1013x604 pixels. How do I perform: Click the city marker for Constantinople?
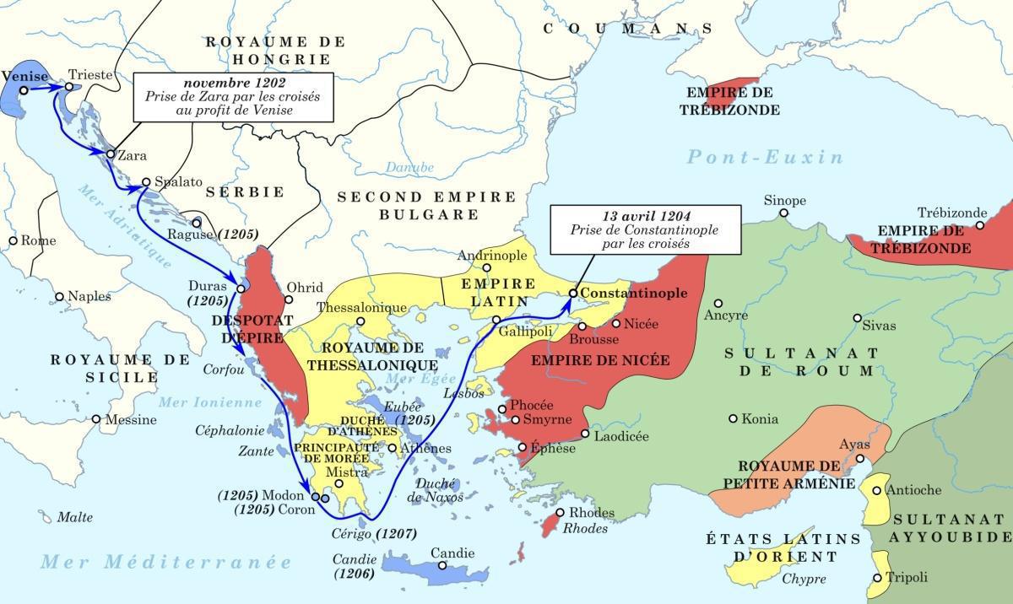[573, 293]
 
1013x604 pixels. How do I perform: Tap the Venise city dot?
[24, 90]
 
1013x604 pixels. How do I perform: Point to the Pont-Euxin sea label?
[764, 157]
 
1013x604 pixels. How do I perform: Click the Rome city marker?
[13, 240]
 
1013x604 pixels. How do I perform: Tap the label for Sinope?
[784, 201]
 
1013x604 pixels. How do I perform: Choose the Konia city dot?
[733, 418]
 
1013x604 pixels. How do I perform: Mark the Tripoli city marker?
[878, 578]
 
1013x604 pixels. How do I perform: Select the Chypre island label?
[804, 579]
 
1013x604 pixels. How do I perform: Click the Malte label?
[74, 517]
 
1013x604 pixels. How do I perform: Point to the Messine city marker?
[96, 419]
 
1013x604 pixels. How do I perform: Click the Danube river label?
[409, 167]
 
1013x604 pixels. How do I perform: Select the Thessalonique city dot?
[360, 321]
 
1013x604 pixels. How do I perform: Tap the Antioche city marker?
[876, 490]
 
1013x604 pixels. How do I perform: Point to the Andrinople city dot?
[486, 268]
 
